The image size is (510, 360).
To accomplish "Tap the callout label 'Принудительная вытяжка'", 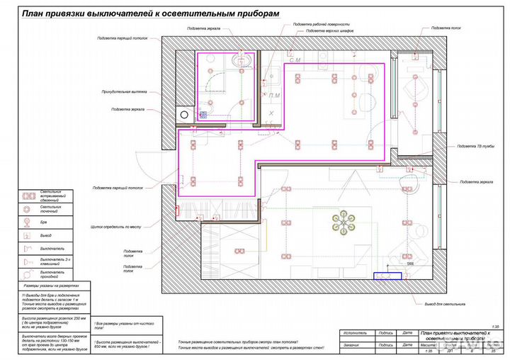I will pos(124,91).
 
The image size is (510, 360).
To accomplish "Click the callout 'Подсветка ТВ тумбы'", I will pos(475,147).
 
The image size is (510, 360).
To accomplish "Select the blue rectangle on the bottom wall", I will pos(388,275).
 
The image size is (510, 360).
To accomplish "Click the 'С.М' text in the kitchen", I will pos(293,61).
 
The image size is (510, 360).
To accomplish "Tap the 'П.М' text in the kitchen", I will pos(274,95).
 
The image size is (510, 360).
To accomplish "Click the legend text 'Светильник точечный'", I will pos(51,209).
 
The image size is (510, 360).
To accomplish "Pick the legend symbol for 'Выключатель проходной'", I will pos(28,273).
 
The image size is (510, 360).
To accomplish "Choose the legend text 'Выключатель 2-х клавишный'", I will pos(52,260).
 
